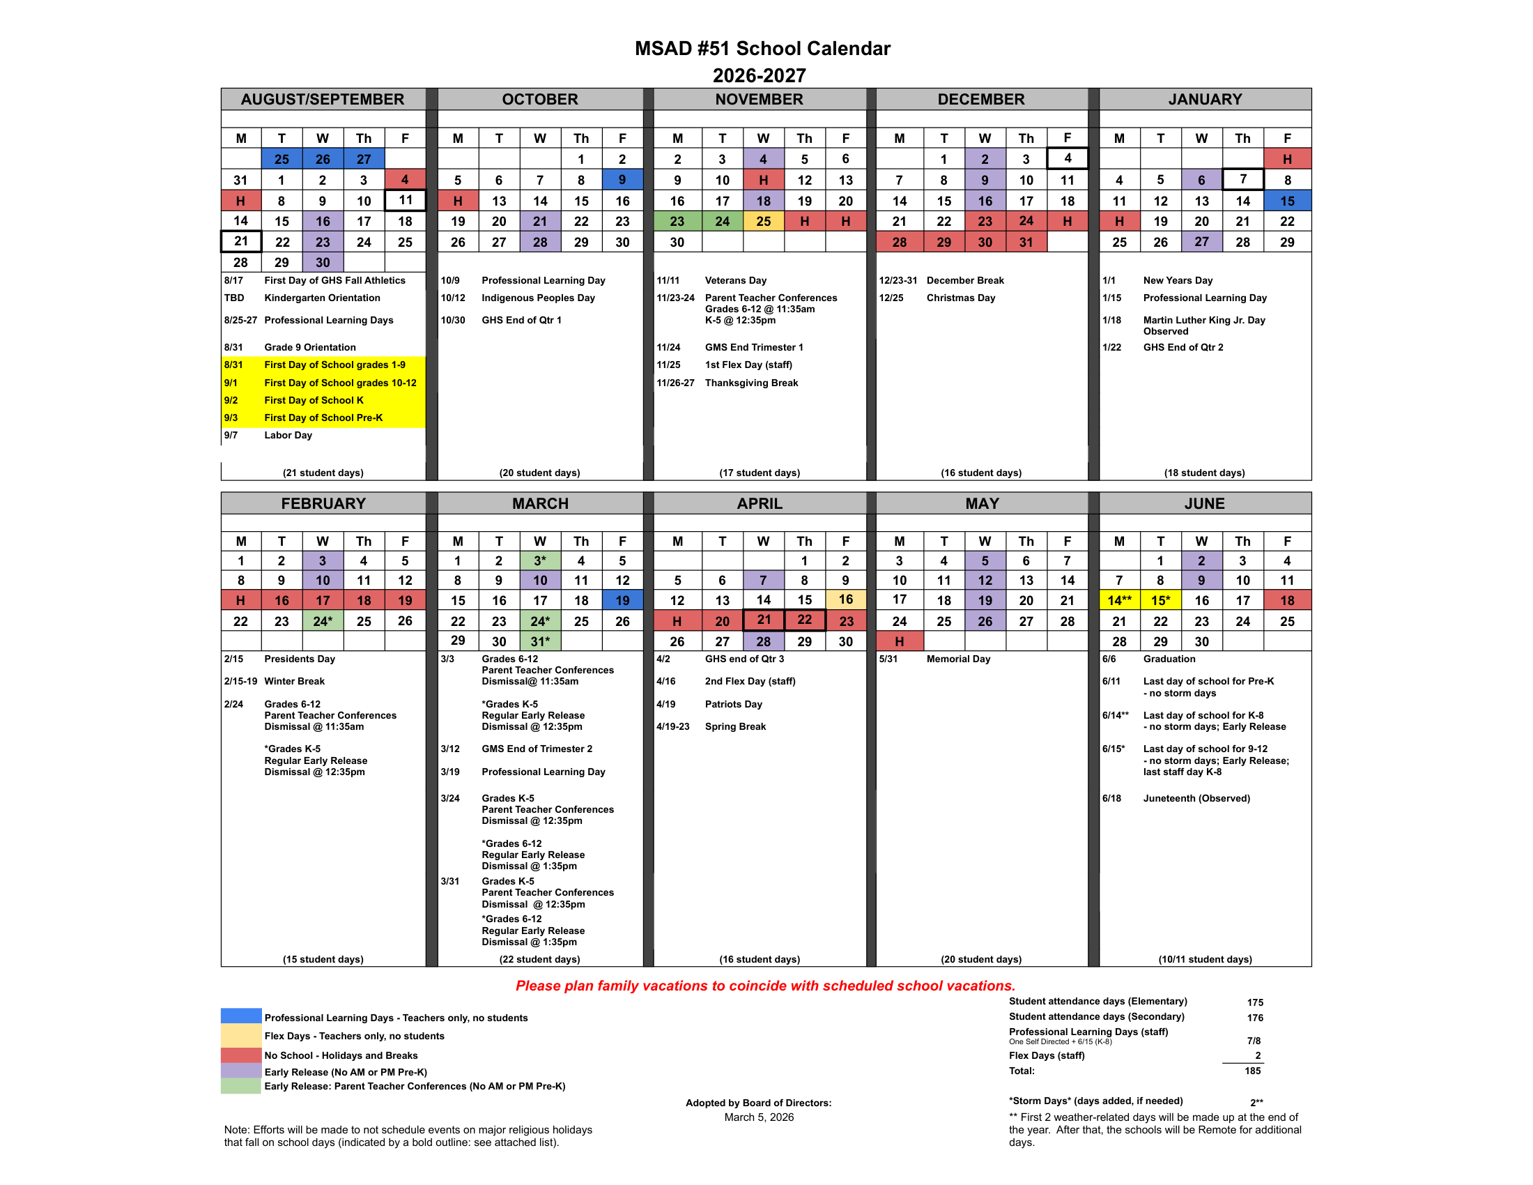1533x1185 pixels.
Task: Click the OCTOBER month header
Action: pos(539,99)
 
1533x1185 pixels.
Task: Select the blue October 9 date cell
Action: pos(622,180)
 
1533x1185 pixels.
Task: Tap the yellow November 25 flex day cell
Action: pos(763,221)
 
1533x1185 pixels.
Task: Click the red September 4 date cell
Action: pos(405,180)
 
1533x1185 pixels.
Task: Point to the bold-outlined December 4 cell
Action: pos(1067,159)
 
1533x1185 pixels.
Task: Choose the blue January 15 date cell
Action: pos(1286,201)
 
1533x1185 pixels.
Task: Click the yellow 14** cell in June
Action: pos(1119,600)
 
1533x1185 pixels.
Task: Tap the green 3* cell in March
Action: pos(540,560)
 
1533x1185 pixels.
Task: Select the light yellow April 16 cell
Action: pos(845,599)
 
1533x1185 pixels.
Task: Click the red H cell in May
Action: pos(899,641)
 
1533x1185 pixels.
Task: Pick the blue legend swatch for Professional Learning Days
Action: pos(241,1016)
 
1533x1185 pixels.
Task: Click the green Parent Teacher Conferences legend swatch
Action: pos(241,1085)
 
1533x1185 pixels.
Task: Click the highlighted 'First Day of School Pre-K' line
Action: pos(323,418)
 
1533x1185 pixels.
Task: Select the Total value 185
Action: pos(1252,1071)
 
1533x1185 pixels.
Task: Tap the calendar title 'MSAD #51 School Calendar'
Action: pos(762,48)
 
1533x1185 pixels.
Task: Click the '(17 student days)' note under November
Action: pos(759,473)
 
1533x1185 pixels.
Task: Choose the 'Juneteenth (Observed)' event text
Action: pos(1196,798)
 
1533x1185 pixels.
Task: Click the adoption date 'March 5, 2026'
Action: pos(759,1117)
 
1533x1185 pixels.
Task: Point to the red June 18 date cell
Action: pos(1286,600)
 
